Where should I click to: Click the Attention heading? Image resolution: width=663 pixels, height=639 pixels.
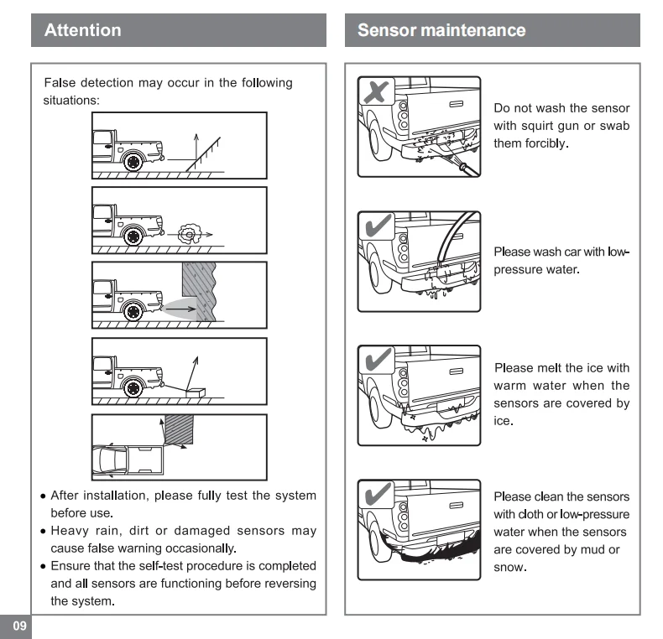point(82,31)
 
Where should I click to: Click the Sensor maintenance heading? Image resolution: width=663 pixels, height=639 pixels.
point(441,31)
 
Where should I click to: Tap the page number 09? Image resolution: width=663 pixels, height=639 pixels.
point(18,626)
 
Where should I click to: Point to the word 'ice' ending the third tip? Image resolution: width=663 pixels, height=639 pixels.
point(503,419)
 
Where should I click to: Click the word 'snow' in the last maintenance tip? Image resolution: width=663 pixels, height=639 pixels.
point(509,567)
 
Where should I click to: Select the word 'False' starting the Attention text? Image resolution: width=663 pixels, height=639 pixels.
point(59,83)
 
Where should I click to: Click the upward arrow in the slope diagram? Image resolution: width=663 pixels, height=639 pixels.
point(196,144)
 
